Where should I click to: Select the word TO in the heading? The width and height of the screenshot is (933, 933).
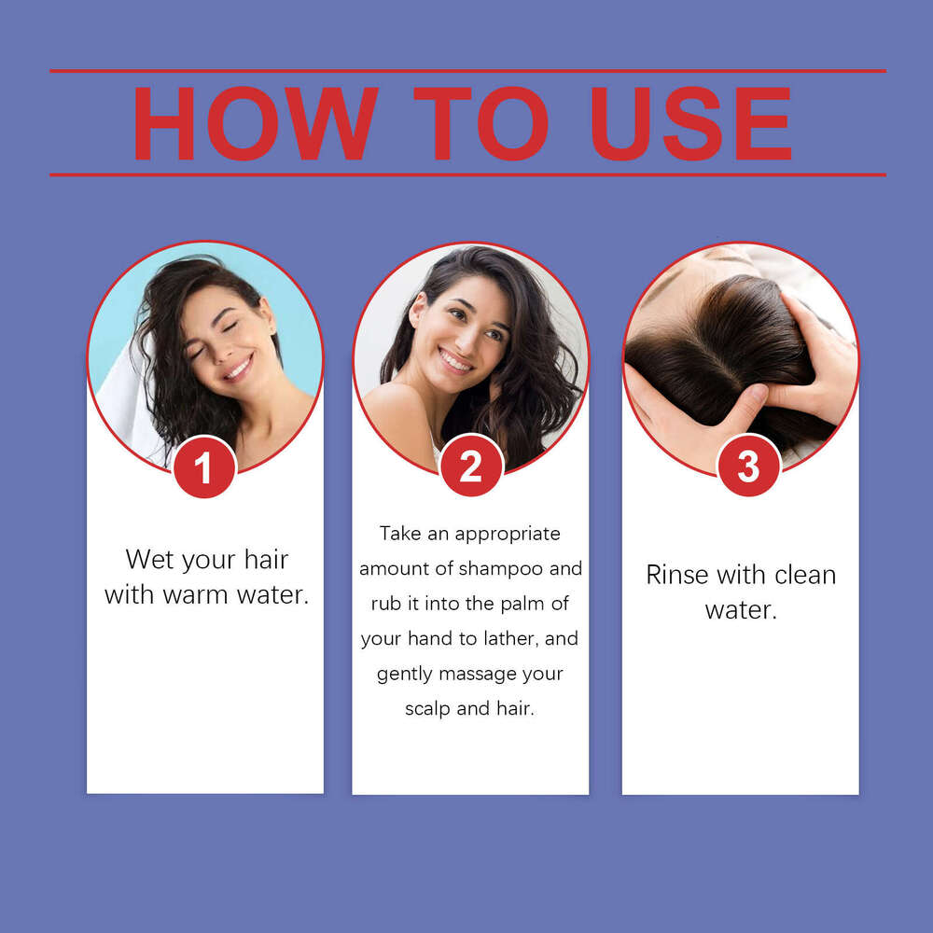(x=480, y=124)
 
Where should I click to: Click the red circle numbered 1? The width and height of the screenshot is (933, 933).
(x=204, y=466)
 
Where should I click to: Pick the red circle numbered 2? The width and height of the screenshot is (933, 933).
(x=470, y=466)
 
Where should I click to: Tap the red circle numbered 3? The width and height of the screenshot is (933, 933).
(x=748, y=466)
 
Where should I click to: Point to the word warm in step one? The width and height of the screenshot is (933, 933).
(x=196, y=595)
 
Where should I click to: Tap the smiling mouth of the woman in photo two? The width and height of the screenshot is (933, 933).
(x=456, y=360)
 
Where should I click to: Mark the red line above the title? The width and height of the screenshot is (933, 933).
(x=467, y=71)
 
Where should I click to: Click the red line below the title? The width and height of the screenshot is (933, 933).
(x=467, y=175)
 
